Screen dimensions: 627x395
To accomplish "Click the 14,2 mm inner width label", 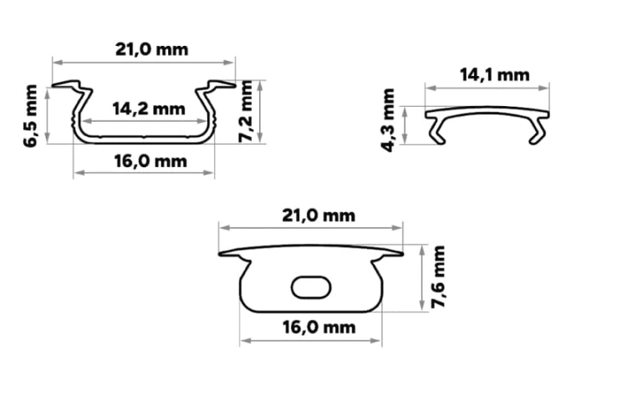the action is point(149,109).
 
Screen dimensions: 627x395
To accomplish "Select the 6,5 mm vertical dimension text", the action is point(31,116).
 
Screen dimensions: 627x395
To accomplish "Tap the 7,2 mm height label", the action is point(246,111).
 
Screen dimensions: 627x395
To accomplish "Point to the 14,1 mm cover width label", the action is point(495,74).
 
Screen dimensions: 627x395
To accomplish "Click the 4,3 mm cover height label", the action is point(388,120).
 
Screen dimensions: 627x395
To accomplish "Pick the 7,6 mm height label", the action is point(438,276).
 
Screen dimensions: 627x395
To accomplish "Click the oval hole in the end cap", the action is point(311,287).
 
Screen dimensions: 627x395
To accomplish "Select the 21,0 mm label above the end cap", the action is point(319,215).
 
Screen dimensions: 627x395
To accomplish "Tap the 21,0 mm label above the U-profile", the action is point(152,50).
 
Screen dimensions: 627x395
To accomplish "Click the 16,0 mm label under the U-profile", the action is point(150,161).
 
